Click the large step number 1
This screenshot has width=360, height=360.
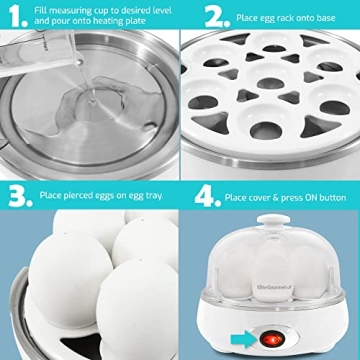pyautogui.click(x=15, y=15)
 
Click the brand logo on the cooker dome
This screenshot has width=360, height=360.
pyautogui.click(x=234, y=293)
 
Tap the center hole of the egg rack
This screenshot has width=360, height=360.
pyautogui.click(x=269, y=95)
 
